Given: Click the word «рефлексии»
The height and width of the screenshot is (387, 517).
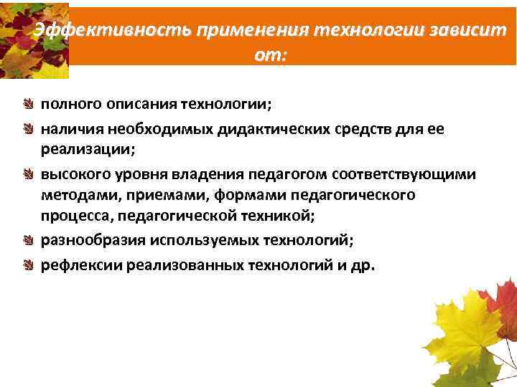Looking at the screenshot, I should click(81, 265).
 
